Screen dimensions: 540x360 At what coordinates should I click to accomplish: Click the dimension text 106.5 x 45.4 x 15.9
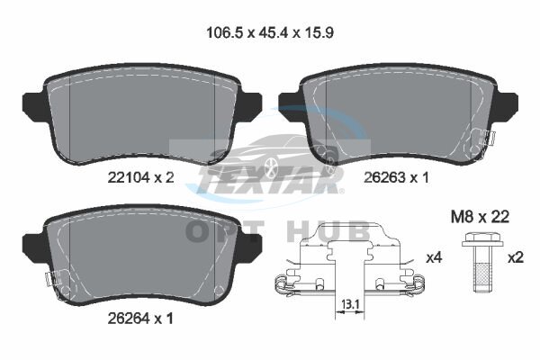pos(270,33)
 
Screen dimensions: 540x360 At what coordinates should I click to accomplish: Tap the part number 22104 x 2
pos(141,178)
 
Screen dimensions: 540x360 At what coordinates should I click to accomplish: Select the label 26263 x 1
pos(397,178)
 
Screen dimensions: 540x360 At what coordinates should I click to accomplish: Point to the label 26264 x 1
pos(140,319)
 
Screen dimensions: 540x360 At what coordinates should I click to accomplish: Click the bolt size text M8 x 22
pos(480,217)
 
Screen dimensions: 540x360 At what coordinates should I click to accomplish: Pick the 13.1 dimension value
pos(350,304)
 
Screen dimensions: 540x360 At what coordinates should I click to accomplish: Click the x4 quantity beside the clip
pos(434,257)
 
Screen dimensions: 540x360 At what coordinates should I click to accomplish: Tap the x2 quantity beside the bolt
pos(516,257)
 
